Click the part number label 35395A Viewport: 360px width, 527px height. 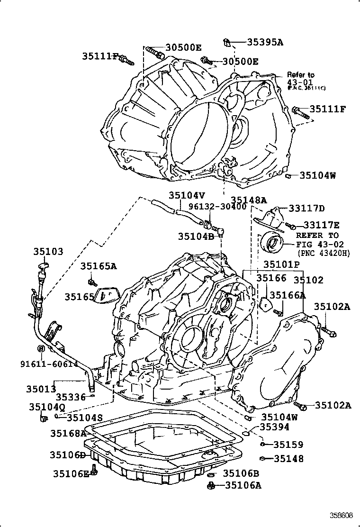coord(265,42)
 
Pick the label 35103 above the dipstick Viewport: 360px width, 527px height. coord(48,252)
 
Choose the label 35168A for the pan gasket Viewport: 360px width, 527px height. coord(68,433)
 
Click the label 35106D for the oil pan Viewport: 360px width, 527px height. coord(67,455)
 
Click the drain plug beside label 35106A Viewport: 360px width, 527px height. coord(212,485)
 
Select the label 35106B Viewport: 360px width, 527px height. coord(241,473)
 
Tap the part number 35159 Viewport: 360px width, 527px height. coord(288,445)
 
